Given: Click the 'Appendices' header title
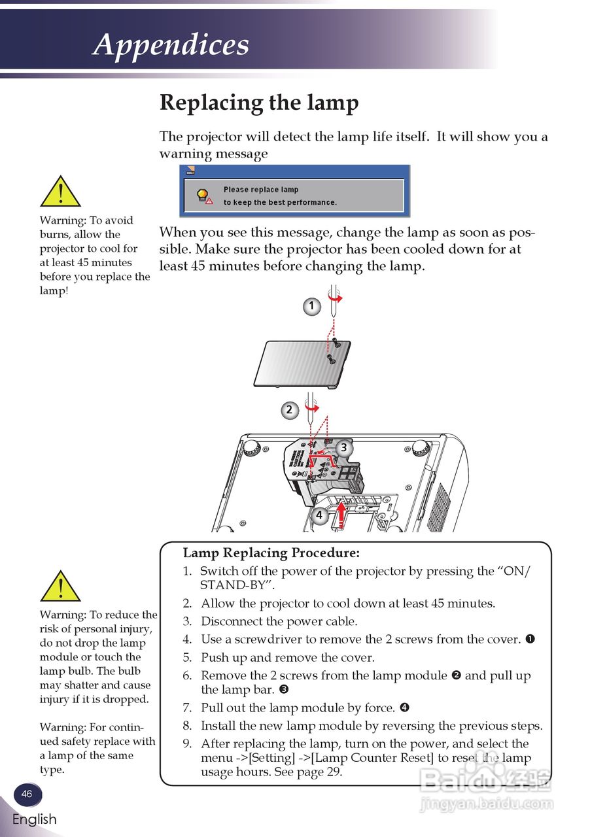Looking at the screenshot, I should (x=171, y=44).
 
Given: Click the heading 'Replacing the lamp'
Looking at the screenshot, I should (x=259, y=103).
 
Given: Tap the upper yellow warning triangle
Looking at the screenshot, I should (x=60, y=192).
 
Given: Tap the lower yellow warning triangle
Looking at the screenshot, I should (x=60, y=586).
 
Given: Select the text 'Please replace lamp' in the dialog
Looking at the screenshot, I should (x=260, y=190).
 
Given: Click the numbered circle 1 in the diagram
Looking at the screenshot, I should (x=312, y=306).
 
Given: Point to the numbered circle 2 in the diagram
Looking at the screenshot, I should (x=289, y=411).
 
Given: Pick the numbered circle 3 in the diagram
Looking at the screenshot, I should (x=343, y=448).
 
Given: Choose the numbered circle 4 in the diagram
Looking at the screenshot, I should (x=319, y=515).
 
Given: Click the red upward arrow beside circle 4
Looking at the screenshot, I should (x=341, y=514).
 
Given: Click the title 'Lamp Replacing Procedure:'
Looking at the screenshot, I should (x=271, y=553).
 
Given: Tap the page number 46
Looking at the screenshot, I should (x=27, y=794).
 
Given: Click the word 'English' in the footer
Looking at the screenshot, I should (x=34, y=819).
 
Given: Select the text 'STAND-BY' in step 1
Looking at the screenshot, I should (x=232, y=585).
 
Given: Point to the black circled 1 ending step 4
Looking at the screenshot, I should (x=530, y=639).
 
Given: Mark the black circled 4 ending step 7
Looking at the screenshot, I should (x=404, y=708).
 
